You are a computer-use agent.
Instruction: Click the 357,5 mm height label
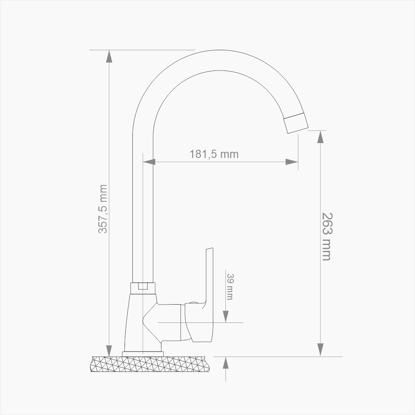[x=103, y=209]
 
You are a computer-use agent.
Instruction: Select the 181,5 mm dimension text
[x=214, y=154]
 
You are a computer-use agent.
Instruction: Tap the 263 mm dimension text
[x=327, y=237]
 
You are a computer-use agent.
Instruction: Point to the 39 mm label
[x=229, y=286]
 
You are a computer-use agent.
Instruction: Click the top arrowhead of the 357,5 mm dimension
[x=109, y=56]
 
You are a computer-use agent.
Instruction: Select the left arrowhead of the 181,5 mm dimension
[x=149, y=161]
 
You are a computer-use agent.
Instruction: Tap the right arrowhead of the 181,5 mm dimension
[x=292, y=161]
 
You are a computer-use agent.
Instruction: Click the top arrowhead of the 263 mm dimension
[x=320, y=137]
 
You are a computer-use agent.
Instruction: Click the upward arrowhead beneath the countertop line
[x=225, y=363]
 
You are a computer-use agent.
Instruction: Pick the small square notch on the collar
[x=143, y=286]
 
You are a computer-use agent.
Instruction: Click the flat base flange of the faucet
[x=143, y=354]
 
